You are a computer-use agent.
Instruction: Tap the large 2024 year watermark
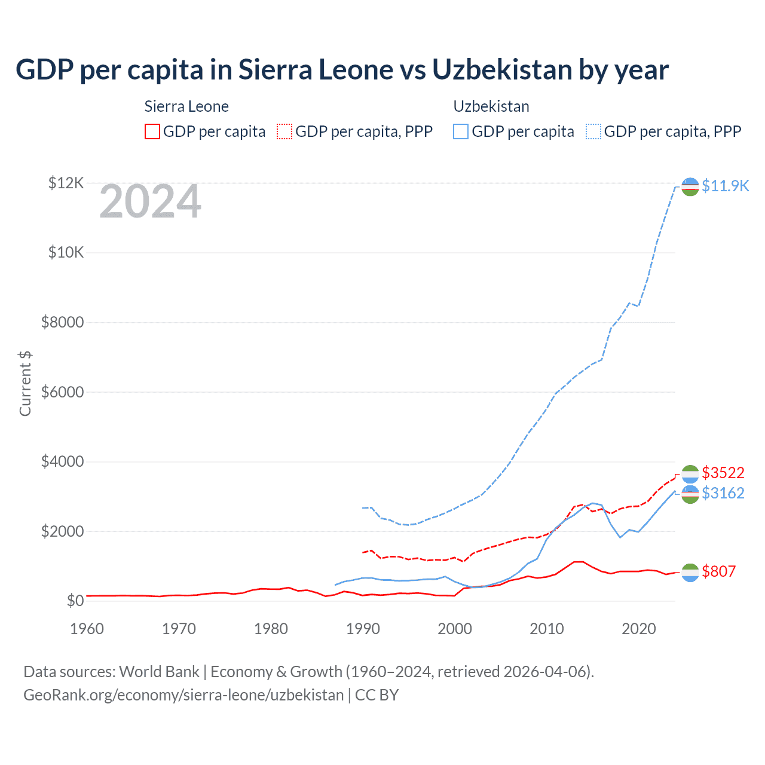pyautogui.click(x=150, y=202)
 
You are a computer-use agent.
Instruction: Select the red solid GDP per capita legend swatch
pyautogui.click(x=152, y=131)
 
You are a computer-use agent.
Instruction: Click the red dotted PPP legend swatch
pyautogui.click(x=284, y=131)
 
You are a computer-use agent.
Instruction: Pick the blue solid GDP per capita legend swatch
pyautogui.click(x=461, y=131)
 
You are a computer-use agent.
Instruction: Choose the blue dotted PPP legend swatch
pyautogui.click(x=593, y=131)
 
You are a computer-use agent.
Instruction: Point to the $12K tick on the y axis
pyautogui.click(x=66, y=183)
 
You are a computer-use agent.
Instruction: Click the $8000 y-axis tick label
pyautogui.click(x=62, y=323)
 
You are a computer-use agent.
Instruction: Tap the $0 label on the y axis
pyautogui.click(x=75, y=601)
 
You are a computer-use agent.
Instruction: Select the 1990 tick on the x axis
pyautogui.click(x=363, y=629)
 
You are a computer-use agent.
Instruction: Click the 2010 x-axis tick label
pyautogui.click(x=547, y=629)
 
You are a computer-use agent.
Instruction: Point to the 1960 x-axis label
pyautogui.click(x=87, y=629)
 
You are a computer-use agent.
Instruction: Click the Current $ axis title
pyautogui.click(x=25, y=384)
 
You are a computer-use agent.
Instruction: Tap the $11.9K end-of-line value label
pyautogui.click(x=725, y=186)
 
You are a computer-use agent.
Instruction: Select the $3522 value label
pyautogui.click(x=723, y=473)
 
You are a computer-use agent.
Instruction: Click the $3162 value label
pyautogui.click(x=723, y=493)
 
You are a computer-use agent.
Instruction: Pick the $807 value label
pyautogui.click(x=719, y=571)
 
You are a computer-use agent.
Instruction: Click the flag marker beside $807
pyautogui.click(x=690, y=572)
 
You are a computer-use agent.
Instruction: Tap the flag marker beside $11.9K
pyautogui.click(x=690, y=186)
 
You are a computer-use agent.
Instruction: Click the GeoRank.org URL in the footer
pyautogui.click(x=183, y=695)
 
